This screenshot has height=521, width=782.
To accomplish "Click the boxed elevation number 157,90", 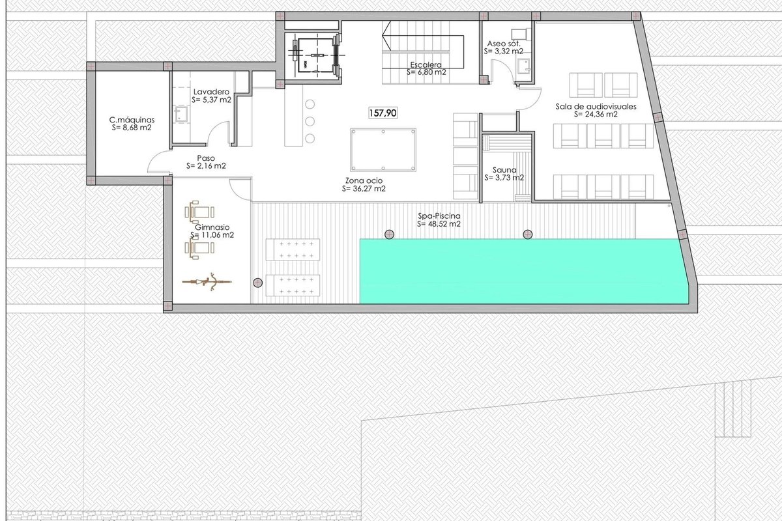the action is pos(383,113).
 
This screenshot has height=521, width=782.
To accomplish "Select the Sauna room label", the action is pos(504,170).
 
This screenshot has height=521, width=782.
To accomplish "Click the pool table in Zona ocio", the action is pos(383,150).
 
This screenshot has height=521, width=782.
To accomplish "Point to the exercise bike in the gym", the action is pos(207,281).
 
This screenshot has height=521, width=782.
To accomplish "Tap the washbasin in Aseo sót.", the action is pos(523,67).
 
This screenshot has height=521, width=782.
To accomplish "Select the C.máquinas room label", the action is pos(132,120).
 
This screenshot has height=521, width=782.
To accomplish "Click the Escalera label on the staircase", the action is pos(426,64).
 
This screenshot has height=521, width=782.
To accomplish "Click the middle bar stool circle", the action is pos(310,121).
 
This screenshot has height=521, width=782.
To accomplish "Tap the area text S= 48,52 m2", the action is pos(439,224).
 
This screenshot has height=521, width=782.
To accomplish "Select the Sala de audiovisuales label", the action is pos(596,106).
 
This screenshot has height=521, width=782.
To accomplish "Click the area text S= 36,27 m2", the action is pos(364,189).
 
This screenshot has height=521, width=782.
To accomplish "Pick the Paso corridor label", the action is pos(206,158).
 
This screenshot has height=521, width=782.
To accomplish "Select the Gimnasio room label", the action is pos(212,227).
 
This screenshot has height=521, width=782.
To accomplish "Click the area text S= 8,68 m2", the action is pos(132,128).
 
